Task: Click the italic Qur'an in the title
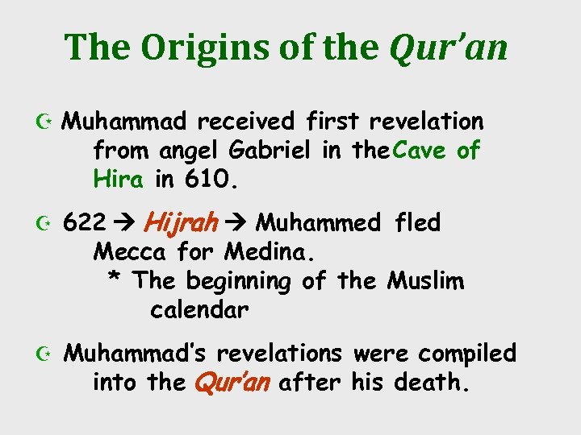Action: [449, 48]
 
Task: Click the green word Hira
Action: [119, 179]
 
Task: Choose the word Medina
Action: [271, 252]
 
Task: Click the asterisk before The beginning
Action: [115, 282]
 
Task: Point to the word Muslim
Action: [426, 281]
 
